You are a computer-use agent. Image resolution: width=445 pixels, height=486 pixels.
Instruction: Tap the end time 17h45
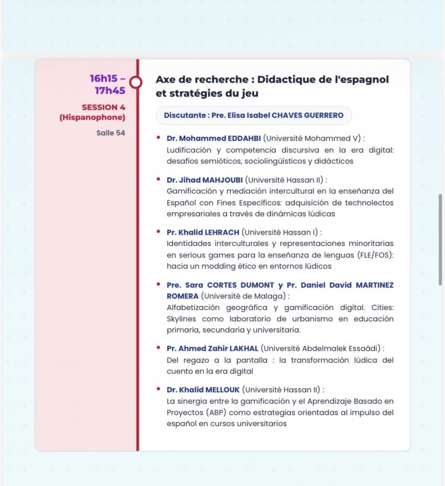coord(110,91)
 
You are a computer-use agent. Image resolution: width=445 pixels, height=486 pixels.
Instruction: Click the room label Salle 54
coord(110,133)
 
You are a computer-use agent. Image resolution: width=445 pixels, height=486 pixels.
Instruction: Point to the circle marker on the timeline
coord(136,81)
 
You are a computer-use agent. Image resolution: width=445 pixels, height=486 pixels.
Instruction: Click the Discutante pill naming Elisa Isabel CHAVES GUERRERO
coord(253,116)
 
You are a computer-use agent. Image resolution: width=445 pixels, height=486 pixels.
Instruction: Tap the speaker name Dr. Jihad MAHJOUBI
coord(205,180)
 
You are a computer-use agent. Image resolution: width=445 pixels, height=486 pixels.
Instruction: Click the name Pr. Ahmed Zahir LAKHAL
coord(212,348)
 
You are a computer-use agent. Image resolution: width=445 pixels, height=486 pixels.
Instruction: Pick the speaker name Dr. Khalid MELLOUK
coord(204,390)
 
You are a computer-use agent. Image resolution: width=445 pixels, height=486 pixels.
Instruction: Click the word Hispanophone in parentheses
coord(93,117)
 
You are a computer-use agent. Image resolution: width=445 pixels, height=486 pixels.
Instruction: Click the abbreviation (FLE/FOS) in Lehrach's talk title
coord(373,254)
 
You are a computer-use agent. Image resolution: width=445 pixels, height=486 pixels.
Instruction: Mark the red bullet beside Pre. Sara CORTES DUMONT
coord(158,284)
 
